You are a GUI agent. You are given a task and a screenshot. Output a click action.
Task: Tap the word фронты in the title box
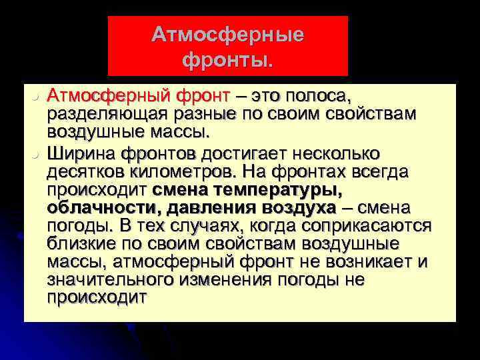coord(225,61)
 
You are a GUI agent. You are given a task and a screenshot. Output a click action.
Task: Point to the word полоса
coord(314,97)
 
